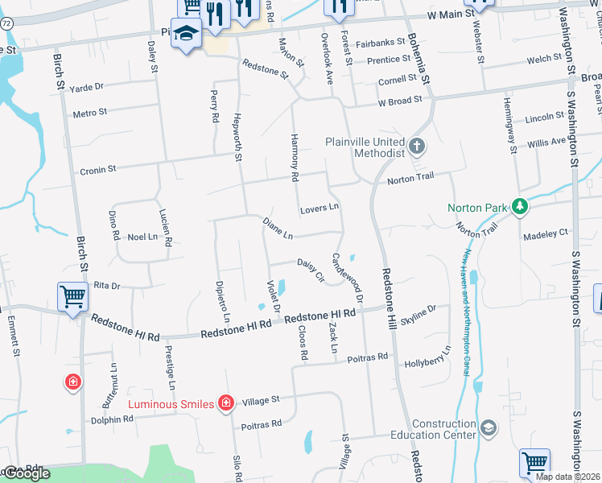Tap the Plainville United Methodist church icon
[x=416, y=147]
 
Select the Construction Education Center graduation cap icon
[x=488, y=427]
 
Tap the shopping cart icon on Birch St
[x=72, y=298]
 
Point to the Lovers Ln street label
[x=320, y=208]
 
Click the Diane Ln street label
[x=277, y=228]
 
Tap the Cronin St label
[x=98, y=170]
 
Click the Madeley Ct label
[x=546, y=233]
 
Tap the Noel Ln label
[x=142, y=237]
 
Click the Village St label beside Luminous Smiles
[x=261, y=399]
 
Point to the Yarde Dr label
[x=87, y=87]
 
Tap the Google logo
[x=27, y=473]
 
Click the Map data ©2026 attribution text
[x=567, y=477]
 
